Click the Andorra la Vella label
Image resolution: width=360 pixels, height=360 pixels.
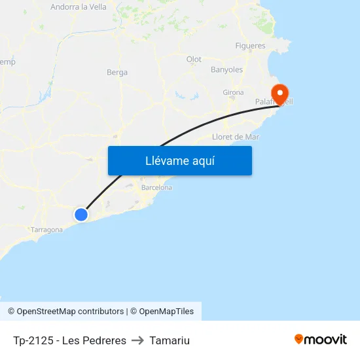79,7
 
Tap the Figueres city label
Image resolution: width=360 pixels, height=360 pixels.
250,46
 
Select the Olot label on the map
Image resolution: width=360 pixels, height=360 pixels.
194,60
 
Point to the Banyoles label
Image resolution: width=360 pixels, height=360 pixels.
226,69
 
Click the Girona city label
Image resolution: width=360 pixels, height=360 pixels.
233,92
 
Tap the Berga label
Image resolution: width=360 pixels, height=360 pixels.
117,73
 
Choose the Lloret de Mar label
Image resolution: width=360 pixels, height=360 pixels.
236,137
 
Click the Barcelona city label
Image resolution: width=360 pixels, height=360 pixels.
156,188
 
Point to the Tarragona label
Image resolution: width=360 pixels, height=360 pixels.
46,230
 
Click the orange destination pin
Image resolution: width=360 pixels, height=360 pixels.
280,94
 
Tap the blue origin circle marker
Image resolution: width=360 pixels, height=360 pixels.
81,215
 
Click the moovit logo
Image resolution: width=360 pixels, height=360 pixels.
321,340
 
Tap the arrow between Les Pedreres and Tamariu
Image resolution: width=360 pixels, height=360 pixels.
137,340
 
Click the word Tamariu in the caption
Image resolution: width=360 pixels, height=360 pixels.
170,340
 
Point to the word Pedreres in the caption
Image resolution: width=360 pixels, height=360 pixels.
105,340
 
